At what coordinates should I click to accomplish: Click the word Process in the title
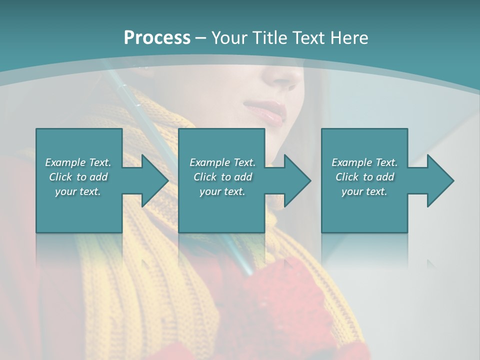tap(157, 38)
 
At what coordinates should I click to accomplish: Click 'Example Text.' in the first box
tap(78, 162)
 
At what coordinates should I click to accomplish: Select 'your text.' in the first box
tap(78, 191)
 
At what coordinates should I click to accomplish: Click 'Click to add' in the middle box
tap(222, 177)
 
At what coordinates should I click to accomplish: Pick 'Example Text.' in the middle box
tap(222, 162)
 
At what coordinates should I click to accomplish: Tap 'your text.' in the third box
tap(364, 191)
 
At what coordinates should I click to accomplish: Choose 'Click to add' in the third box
tap(364, 177)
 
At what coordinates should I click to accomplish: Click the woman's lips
tap(264, 111)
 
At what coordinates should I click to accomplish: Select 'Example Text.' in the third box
tap(364, 162)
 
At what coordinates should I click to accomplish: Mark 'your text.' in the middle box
tap(222, 191)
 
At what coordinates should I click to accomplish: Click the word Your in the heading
tap(228, 38)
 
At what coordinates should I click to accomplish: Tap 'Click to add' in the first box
tap(78, 177)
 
